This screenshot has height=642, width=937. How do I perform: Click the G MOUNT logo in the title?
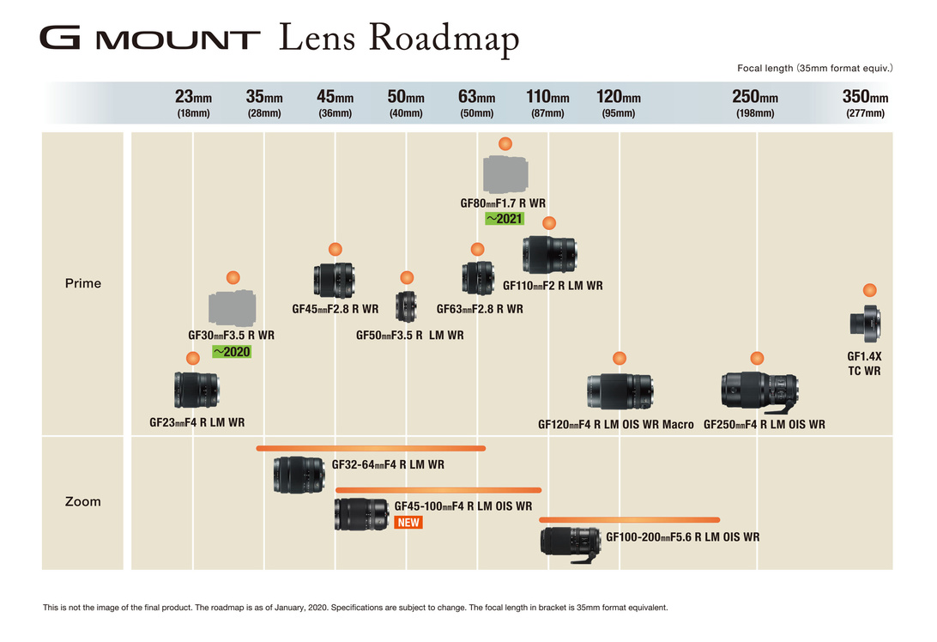pyautogui.click(x=149, y=39)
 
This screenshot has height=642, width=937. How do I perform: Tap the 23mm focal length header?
pyautogui.click(x=193, y=97)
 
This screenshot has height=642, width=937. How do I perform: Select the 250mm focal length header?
pyautogui.click(x=755, y=97)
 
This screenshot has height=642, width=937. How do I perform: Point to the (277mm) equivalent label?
pyautogui.click(x=865, y=113)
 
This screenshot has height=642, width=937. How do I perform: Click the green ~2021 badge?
pyautogui.click(x=505, y=219)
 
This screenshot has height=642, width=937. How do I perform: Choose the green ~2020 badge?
pyautogui.click(x=232, y=350)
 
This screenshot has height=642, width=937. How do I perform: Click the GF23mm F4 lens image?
pyautogui.click(x=196, y=390)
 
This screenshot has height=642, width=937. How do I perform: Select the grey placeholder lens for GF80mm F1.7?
pyautogui.click(x=505, y=174)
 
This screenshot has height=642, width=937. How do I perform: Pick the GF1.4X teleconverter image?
pyautogui.click(x=865, y=323)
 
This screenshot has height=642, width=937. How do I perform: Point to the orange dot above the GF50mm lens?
pyautogui.click(x=407, y=277)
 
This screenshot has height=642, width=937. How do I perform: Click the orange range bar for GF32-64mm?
pyautogui.click(x=371, y=448)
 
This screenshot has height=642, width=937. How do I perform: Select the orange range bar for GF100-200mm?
pyautogui.click(x=629, y=519)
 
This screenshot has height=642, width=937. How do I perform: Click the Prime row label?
pyautogui.click(x=83, y=283)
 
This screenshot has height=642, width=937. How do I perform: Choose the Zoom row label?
pyautogui.click(x=83, y=501)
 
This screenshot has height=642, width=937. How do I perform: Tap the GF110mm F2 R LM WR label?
pyautogui.click(x=553, y=286)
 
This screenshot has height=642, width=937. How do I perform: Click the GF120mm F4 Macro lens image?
pyautogui.click(x=620, y=391)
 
